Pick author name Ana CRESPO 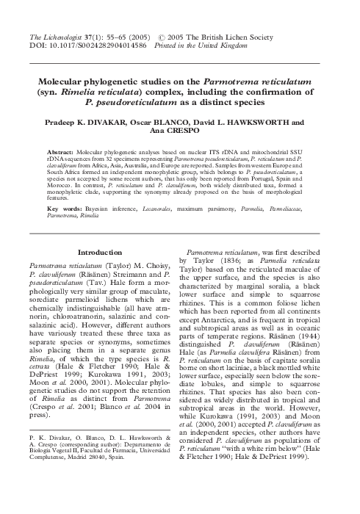point(180,124)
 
